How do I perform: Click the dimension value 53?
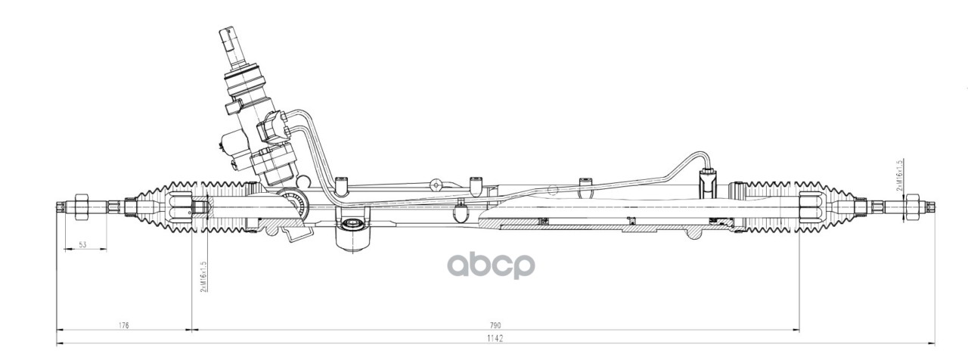[82, 244]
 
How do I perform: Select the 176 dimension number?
[124, 325]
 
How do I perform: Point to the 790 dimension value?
[497, 325]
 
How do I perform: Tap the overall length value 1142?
[497, 339]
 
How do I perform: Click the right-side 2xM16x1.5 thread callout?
[899, 175]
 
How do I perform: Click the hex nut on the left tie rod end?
[81, 206]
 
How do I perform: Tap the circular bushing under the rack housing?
[350, 224]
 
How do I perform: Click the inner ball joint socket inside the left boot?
[182, 205]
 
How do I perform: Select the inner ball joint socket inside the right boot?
[810, 205]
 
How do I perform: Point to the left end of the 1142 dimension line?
[59, 344]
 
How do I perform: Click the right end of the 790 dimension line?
[799, 331]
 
